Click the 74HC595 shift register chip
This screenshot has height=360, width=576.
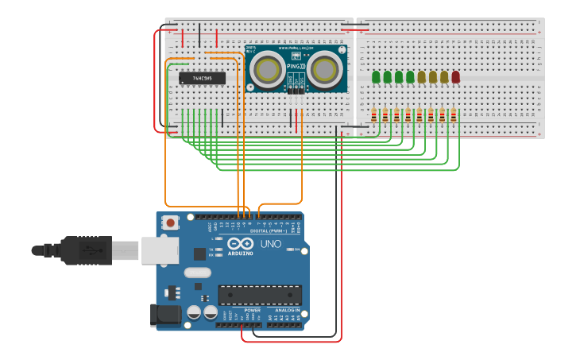click(202, 78)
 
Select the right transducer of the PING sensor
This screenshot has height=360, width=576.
click(325, 70)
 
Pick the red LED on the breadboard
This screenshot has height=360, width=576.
click(455, 77)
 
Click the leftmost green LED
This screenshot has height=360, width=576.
click(376, 77)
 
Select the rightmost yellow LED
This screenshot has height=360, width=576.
click(444, 77)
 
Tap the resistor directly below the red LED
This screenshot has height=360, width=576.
click(454, 116)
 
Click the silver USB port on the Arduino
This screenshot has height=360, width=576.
click(160, 250)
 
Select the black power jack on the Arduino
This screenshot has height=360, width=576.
click(166, 315)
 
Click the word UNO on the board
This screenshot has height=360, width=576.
click(271, 244)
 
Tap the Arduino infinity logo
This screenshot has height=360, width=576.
click(240, 244)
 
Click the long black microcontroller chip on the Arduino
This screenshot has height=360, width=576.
click(260, 295)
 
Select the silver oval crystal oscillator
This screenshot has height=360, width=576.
click(197, 273)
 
